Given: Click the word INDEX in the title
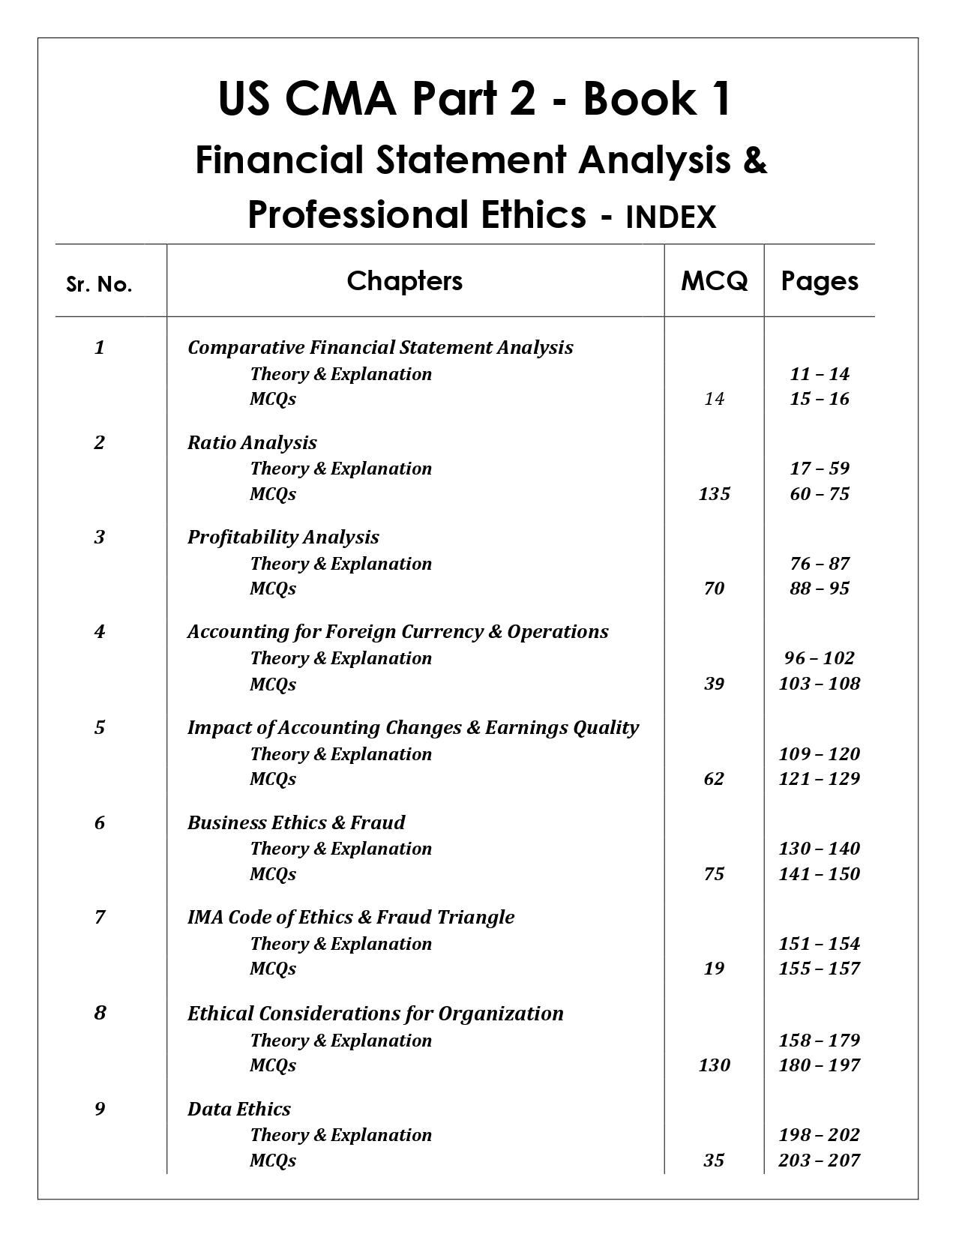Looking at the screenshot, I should [x=670, y=217].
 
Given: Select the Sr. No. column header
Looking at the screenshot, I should [x=99, y=285].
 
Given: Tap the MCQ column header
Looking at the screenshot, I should [x=714, y=281].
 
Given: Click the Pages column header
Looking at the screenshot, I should [x=820, y=281].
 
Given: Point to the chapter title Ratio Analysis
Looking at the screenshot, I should [x=252, y=442].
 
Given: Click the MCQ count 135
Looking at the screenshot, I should [x=714, y=493].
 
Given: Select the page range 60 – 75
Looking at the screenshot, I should [x=820, y=493].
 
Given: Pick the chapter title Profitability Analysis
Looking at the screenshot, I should [x=283, y=537].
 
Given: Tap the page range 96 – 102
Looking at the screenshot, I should [x=820, y=657].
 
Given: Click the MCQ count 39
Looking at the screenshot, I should [x=714, y=683].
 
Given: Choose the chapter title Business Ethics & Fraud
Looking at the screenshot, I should [x=296, y=822].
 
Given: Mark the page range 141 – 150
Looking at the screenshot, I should [x=820, y=873].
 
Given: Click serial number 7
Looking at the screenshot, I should [x=100, y=917].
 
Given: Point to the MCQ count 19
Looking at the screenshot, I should [x=714, y=968].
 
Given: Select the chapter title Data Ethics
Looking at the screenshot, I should [x=239, y=1109].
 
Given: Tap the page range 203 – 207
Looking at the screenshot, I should [x=820, y=1160].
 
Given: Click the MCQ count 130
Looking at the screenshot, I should [x=714, y=1065].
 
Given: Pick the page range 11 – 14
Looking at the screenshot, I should [x=820, y=373].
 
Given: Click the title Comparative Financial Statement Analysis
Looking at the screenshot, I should [x=380, y=347].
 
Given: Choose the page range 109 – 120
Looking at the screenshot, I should [x=820, y=753].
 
